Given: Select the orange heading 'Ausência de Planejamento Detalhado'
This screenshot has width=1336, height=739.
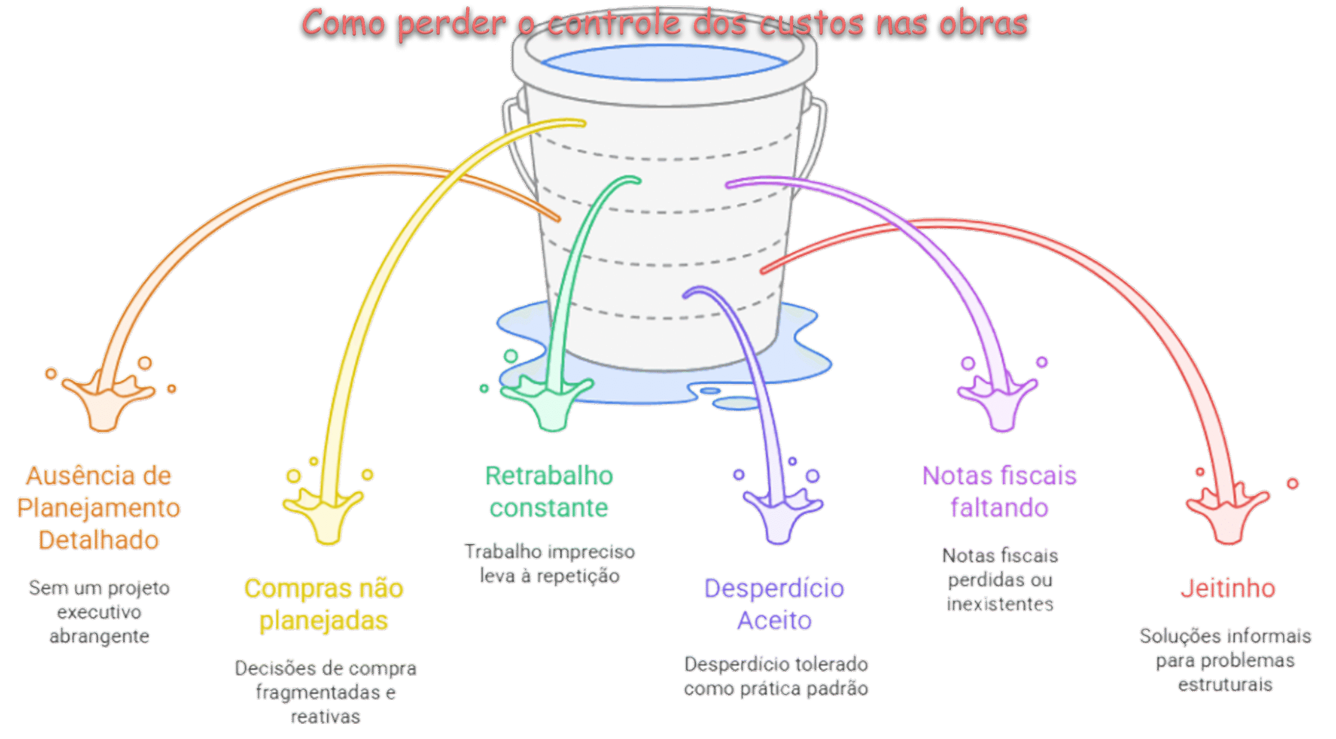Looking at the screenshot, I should coord(99,507).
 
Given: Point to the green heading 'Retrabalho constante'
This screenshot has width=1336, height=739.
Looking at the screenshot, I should coord(549,491).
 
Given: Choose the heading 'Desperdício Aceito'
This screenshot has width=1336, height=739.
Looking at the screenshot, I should coord(774,604).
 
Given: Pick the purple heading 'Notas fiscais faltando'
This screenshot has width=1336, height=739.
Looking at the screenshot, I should coord(999,491).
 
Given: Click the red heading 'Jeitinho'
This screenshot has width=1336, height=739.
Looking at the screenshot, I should coord(1228,588).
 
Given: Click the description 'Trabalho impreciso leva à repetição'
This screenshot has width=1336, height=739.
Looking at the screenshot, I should coord(550,564).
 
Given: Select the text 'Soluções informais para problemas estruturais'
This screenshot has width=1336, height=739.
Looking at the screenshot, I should coord(1225,660).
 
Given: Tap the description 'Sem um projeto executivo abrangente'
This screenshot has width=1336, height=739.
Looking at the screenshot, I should coord(99,612).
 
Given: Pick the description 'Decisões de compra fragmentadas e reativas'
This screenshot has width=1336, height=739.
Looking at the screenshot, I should coord(326,692).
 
